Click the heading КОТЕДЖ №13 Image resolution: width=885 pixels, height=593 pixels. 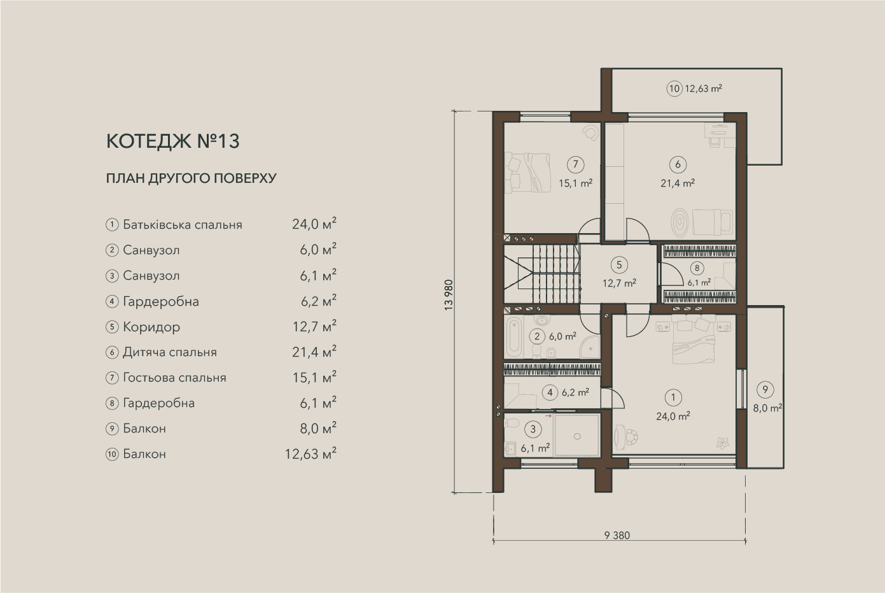172,141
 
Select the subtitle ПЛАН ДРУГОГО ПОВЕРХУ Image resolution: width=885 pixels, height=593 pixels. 192,178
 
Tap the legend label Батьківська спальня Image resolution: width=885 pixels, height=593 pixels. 183,225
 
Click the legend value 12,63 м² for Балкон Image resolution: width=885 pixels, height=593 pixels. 310,454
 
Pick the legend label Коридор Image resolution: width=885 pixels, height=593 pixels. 151,327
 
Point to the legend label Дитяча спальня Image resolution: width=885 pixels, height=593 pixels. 170,352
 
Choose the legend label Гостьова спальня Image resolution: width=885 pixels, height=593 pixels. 174,378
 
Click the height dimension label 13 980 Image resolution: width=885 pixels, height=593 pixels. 449,295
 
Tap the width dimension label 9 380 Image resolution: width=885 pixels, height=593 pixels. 617,535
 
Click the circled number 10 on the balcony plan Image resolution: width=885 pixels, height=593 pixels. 674,89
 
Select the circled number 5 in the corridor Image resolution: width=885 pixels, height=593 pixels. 619,265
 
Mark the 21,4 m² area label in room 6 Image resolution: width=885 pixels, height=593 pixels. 678,183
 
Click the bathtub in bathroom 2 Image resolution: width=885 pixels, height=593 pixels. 514,337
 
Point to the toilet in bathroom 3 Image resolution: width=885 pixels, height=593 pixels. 512,424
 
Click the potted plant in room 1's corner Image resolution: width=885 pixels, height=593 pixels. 723,443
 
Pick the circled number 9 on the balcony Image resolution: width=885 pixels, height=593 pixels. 765,390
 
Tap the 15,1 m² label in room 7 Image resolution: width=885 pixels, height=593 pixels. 575,183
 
